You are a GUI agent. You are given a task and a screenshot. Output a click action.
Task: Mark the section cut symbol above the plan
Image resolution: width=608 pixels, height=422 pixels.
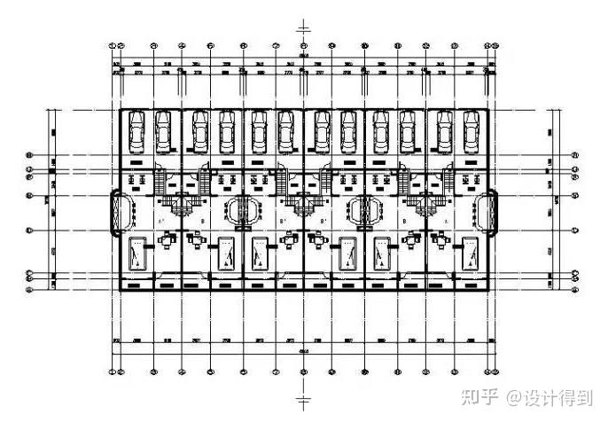click(x=303, y=27)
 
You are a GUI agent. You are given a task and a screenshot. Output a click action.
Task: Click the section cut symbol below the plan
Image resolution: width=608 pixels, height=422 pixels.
click(x=303, y=389)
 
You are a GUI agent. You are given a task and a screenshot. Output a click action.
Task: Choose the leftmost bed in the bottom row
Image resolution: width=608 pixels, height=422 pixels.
click(x=137, y=254)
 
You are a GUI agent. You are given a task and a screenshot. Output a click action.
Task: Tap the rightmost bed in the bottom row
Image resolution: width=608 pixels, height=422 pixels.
click(x=470, y=254)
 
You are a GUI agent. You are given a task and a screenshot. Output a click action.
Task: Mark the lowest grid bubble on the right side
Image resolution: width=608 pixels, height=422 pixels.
click(x=576, y=288)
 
